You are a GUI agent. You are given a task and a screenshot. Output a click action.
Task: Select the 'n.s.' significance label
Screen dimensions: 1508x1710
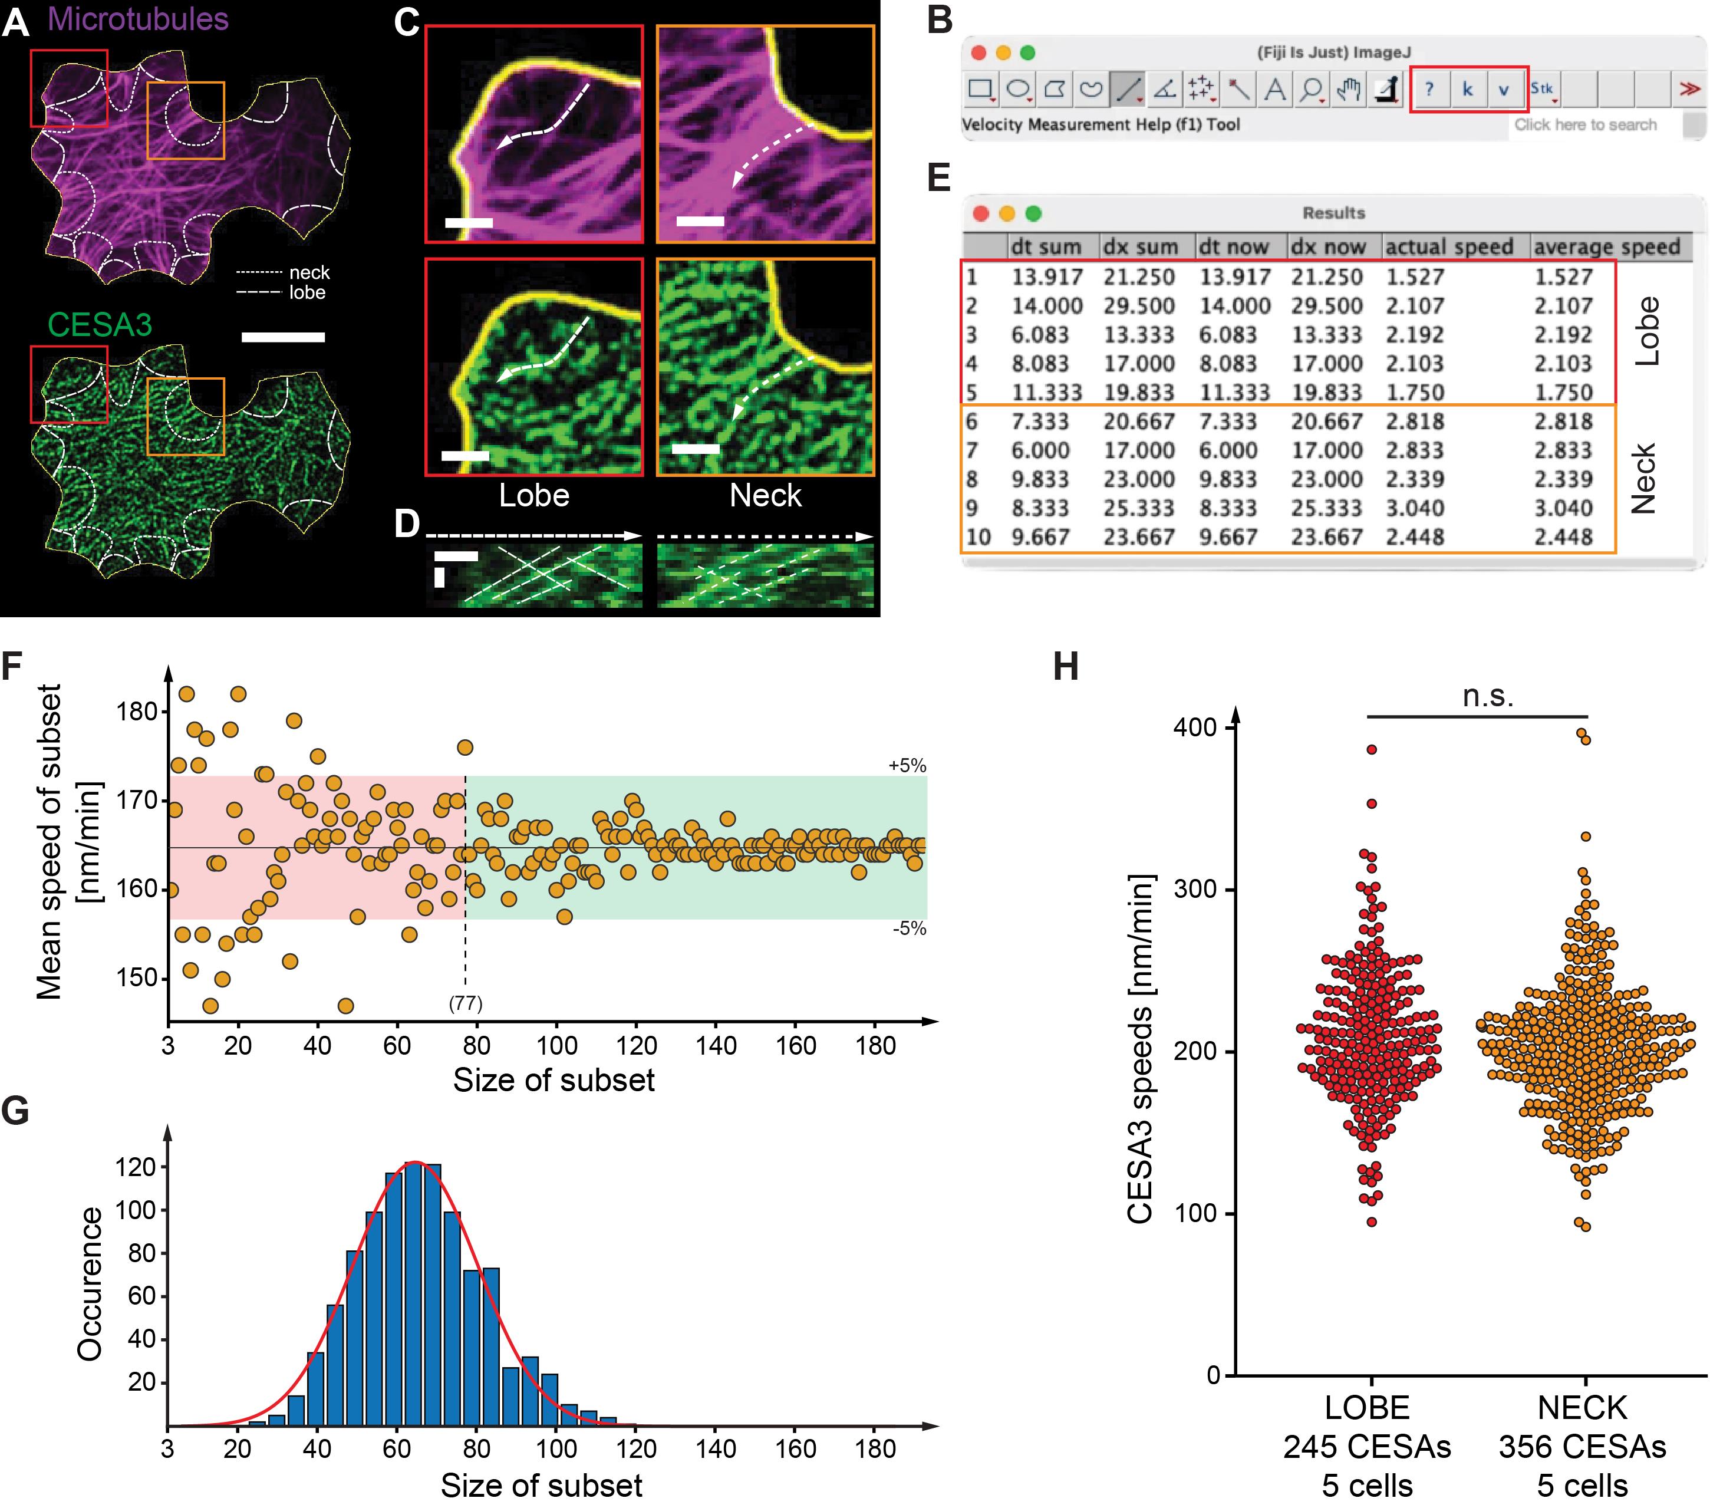coord(1487,696)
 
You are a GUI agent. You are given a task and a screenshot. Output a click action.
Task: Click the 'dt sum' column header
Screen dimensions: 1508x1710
coord(1046,247)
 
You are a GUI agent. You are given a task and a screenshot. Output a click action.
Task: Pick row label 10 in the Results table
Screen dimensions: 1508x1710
coord(978,536)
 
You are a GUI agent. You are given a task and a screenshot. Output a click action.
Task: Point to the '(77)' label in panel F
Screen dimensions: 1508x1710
coord(465,1003)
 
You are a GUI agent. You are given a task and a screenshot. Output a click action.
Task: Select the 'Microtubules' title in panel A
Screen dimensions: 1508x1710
coord(138,18)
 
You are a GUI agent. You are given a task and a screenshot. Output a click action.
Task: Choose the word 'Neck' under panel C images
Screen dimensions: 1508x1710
coord(765,495)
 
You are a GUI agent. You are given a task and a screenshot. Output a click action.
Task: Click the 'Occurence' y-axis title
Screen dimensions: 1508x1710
coord(90,1283)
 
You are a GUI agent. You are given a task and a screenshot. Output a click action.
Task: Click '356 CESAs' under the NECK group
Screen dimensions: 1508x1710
coord(1582,1446)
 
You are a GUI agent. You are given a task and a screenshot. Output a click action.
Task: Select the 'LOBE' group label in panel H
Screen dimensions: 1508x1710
coord(1367,1408)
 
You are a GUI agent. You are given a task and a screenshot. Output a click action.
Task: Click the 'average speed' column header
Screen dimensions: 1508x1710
coord(1606,247)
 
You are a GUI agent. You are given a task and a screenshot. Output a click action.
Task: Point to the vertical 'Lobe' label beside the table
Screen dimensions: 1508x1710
coord(1646,331)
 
